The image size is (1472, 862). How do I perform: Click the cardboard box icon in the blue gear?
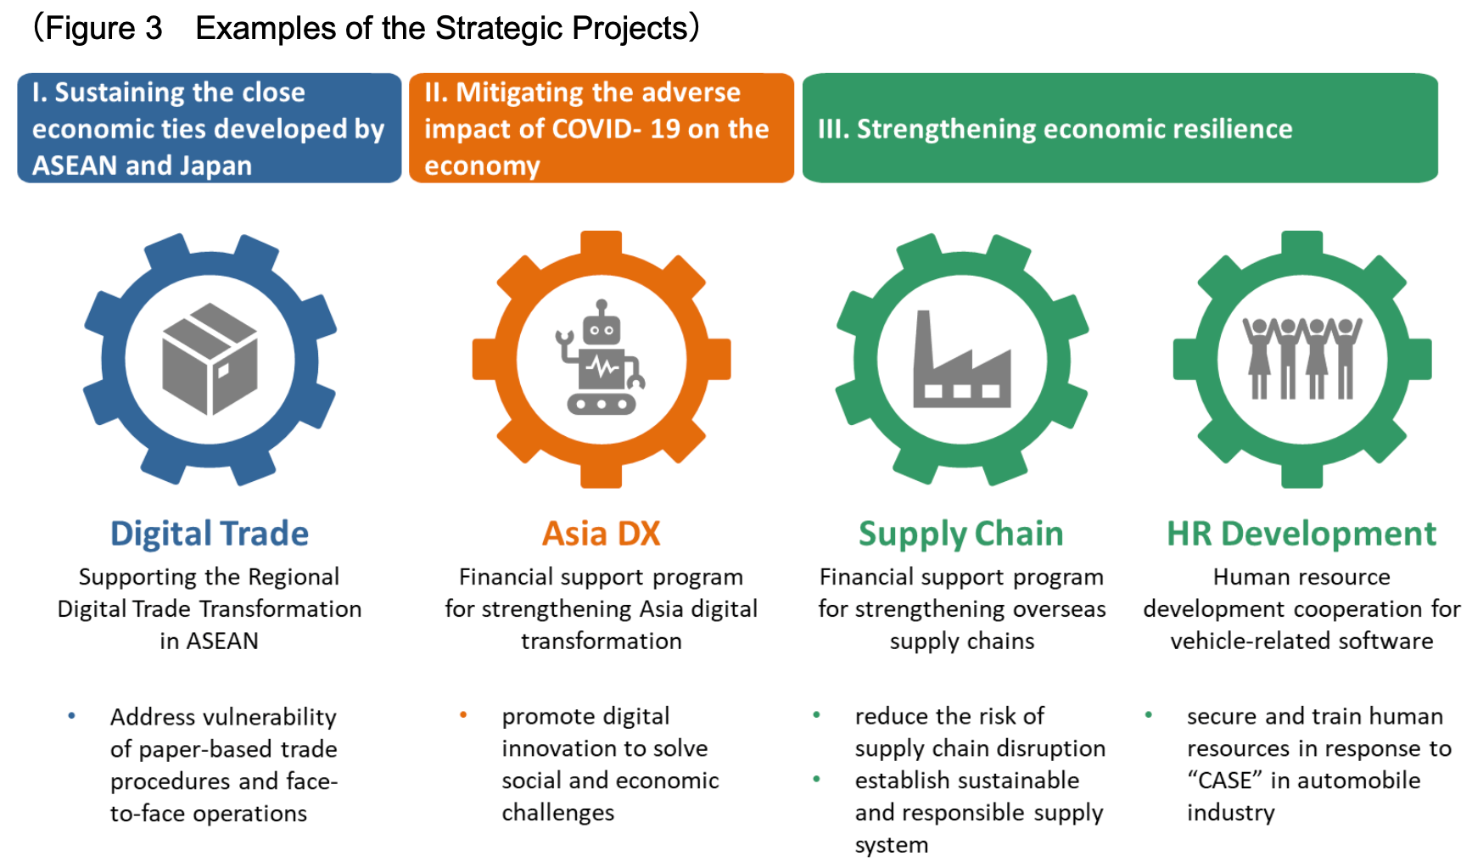[210, 360]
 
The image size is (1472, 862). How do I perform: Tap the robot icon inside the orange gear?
[601, 356]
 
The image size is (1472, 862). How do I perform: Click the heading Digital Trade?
[210, 534]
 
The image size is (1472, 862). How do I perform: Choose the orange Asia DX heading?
[602, 534]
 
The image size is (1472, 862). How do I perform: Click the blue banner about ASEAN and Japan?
[210, 128]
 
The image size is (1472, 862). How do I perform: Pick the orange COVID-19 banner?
[602, 128]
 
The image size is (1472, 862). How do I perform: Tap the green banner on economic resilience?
[1120, 128]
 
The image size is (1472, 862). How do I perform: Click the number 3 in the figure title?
[153, 29]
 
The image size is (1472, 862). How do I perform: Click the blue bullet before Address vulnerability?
[72, 716]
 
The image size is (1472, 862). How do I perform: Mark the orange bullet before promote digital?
[463, 715]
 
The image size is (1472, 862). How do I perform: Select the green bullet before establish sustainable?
[817, 779]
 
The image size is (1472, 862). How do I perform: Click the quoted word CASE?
[1225, 780]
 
